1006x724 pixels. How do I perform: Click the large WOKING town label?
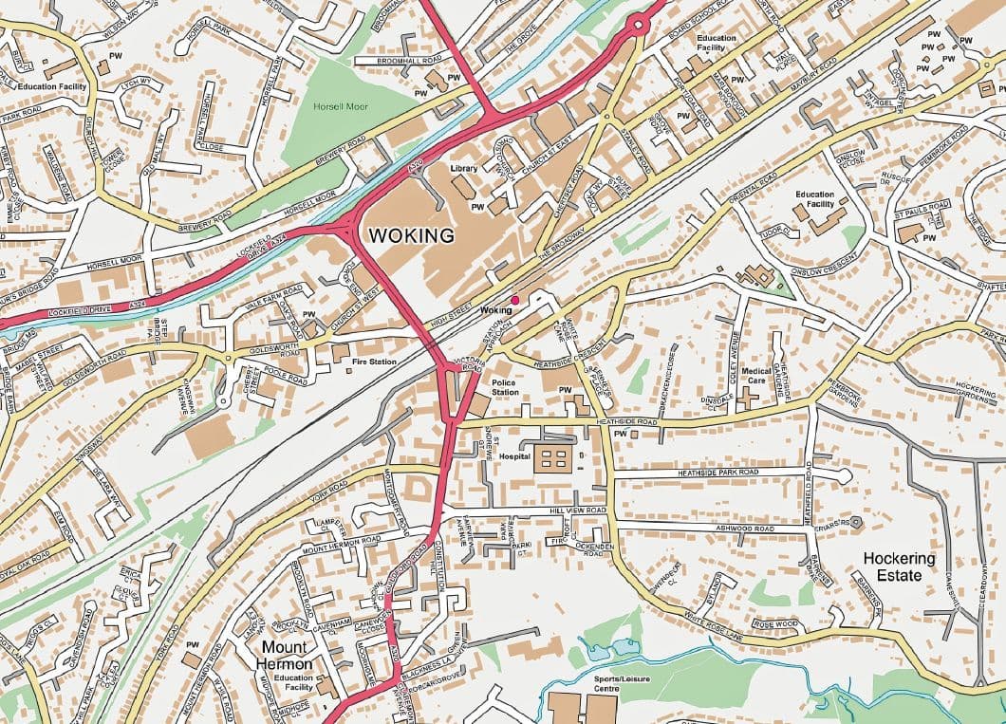click(x=411, y=234)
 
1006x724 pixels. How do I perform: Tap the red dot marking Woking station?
click(x=515, y=300)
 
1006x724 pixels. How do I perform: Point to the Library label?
click(x=464, y=169)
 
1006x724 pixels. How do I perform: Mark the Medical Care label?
click(x=756, y=377)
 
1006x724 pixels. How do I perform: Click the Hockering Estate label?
click(x=899, y=566)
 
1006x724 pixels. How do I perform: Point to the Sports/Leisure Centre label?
click(x=593, y=683)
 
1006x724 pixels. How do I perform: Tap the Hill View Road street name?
click(x=577, y=511)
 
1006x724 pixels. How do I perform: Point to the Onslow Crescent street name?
click(x=823, y=270)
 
